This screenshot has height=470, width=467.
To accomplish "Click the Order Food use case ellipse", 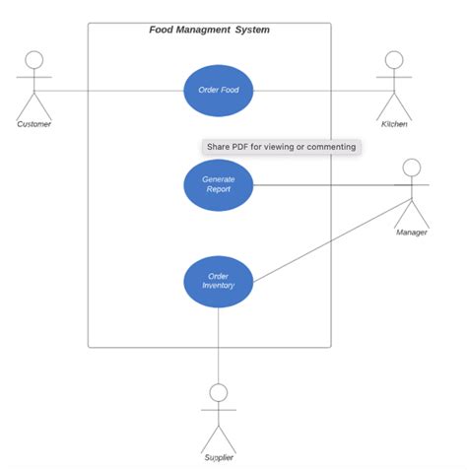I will [219, 91].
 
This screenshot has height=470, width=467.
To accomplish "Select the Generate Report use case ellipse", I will [219, 184].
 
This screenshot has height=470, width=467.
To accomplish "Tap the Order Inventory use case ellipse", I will [219, 281].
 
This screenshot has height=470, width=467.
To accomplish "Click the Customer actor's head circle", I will [35, 58].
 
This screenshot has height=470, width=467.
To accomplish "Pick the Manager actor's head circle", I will [412, 168].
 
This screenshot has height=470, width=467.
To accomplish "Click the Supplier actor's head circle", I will [219, 392].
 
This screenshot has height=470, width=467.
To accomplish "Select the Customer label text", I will [34, 124].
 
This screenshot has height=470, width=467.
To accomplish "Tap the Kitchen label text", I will [394, 124].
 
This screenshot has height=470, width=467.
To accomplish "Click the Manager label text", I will [412, 233].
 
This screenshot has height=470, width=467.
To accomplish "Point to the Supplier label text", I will [219, 458].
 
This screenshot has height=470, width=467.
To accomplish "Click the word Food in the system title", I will [162, 30].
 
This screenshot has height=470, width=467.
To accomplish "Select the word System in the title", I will [251, 30].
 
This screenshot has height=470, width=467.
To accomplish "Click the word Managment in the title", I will [203, 30].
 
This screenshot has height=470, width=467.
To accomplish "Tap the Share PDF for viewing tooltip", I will [280, 147].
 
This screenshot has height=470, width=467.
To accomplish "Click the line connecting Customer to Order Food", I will [118, 91].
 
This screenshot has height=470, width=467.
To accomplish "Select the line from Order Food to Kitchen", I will [315, 91].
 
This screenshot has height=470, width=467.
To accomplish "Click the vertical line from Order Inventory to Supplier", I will [219, 345].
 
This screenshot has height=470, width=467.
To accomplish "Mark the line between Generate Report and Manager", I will [325, 184].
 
